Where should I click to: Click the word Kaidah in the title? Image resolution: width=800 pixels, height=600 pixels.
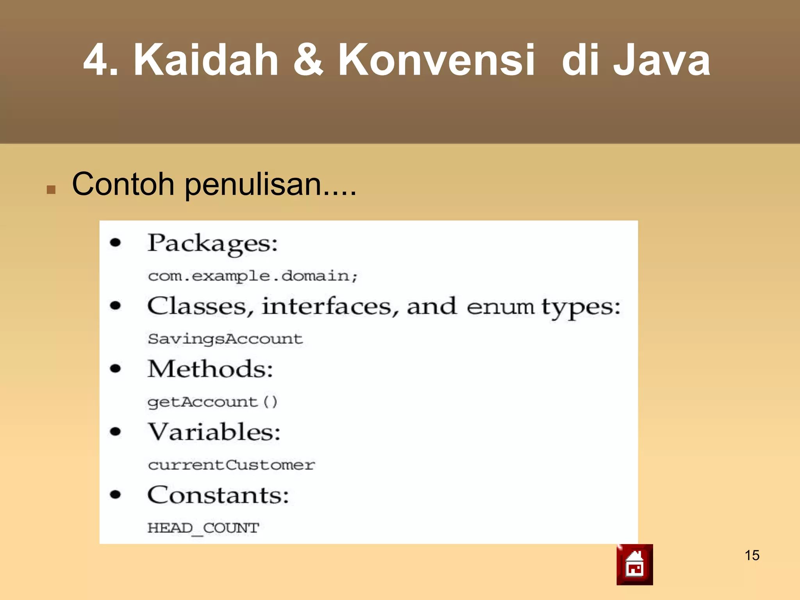click(206, 60)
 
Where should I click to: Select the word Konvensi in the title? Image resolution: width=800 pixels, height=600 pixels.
click(436, 60)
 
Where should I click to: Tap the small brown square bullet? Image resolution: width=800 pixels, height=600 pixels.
click(51, 190)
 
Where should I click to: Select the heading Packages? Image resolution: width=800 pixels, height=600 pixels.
click(212, 244)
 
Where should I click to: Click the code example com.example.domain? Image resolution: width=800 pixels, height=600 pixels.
click(253, 276)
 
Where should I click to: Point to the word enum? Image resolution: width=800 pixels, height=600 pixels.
click(500, 307)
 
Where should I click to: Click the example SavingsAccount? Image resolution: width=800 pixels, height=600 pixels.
click(225, 339)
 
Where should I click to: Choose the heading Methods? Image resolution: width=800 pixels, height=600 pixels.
click(210, 369)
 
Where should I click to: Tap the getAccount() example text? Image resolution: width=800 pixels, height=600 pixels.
click(212, 402)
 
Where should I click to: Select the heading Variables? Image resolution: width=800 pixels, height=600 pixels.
click(214, 432)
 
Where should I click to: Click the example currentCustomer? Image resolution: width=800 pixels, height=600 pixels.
click(231, 465)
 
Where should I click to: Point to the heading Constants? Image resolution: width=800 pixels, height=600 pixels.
click(218, 495)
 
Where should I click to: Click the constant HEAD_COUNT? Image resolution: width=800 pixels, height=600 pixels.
click(203, 528)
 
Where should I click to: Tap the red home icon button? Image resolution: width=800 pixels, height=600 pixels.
click(634, 564)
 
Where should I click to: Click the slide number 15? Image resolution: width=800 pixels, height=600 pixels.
click(752, 555)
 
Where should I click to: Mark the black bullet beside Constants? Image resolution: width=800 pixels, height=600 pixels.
click(115, 495)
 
